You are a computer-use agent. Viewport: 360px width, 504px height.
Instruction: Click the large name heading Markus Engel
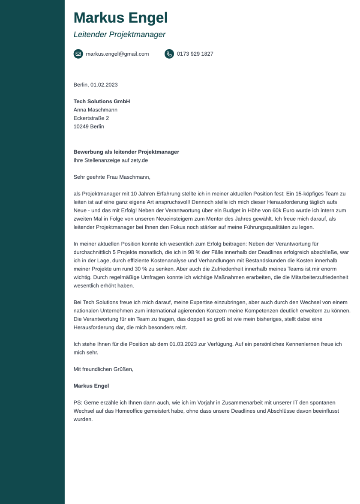tap(120, 18)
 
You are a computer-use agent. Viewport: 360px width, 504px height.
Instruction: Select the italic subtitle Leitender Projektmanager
tap(119, 35)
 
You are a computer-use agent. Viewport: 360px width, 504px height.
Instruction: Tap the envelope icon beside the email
tap(78, 54)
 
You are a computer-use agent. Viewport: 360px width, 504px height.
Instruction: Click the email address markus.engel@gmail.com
tap(117, 54)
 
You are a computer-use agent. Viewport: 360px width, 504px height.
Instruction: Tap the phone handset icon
tap(169, 54)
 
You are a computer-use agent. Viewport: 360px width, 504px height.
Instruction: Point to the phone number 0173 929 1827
tap(195, 54)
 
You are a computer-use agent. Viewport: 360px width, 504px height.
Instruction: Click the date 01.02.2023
tap(104, 85)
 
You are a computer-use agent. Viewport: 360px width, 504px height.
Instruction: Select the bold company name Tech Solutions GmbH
tap(102, 102)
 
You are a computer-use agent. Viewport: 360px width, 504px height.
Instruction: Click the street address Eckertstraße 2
tap(91, 118)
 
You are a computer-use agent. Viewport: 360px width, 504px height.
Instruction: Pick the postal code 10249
tap(81, 126)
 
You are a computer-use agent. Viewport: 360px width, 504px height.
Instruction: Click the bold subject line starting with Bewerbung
tap(126, 152)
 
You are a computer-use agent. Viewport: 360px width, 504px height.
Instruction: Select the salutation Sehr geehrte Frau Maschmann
tap(112, 177)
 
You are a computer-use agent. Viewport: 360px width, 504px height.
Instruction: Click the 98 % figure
tap(194, 252)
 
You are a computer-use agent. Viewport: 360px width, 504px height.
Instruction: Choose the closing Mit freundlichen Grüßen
tap(103, 369)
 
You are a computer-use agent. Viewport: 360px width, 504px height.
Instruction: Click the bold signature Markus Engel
tap(91, 386)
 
